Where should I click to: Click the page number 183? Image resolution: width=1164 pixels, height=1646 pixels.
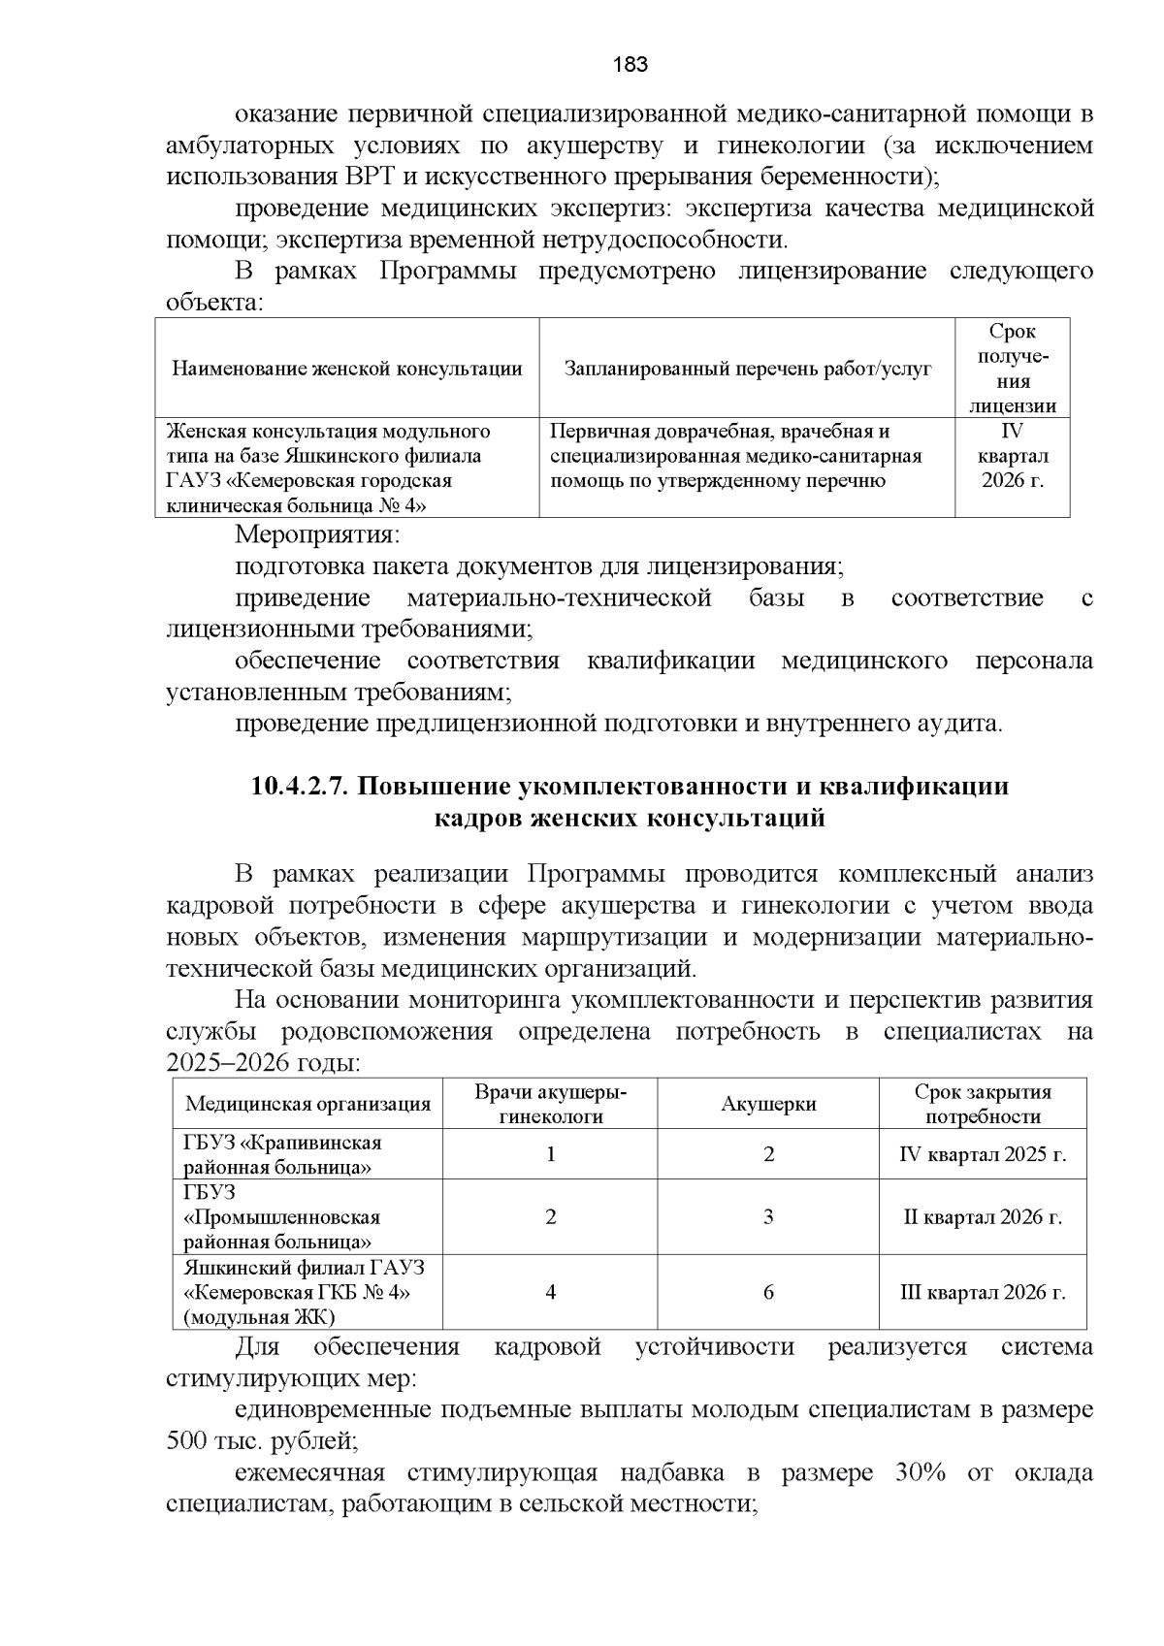click(x=630, y=65)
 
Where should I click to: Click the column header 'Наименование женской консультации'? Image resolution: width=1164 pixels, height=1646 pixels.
click(x=346, y=369)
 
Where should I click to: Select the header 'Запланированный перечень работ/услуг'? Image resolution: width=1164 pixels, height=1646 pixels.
click(x=747, y=369)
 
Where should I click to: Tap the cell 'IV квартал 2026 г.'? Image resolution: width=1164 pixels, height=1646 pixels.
click(x=1012, y=456)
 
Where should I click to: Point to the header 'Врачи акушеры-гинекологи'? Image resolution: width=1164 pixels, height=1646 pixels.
click(x=550, y=1104)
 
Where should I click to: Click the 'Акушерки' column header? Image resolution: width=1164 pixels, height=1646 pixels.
click(x=768, y=1104)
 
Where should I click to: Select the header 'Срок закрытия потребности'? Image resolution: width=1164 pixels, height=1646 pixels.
click(x=983, y=1104)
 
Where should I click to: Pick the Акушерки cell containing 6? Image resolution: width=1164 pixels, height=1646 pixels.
click(x=768, y=1292)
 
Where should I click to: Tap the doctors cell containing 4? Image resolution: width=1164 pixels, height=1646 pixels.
click(x=550, y=1292)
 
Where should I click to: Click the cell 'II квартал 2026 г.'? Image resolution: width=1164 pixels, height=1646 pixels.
click(x=983, y=1216)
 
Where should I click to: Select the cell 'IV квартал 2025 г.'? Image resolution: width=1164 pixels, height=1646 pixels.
click(x=983, y=1154)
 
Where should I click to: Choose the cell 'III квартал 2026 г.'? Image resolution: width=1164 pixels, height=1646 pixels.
click(x=983, y=1292)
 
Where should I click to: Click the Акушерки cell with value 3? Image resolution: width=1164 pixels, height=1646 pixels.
click(x=768, y=1216)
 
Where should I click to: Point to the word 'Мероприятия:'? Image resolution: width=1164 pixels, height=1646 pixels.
click(x=318, y=534)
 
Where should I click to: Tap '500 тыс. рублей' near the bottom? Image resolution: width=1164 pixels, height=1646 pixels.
click(x=262, y=1441)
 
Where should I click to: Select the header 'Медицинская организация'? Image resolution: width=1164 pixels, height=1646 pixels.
click(x=307, y=1104)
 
